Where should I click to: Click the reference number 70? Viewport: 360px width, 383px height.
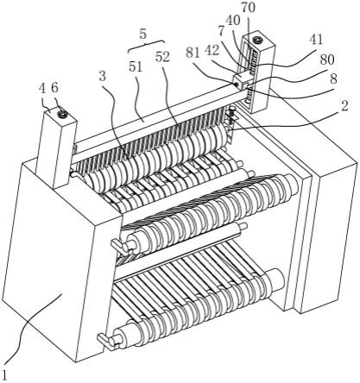(x=248, y=8)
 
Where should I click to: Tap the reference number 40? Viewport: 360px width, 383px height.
(x=233, y=21)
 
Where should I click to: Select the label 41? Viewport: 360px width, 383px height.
(x=316, y=40)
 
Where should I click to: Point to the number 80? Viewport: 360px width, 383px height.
(x=327, y=60)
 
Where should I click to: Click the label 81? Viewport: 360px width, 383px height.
(x=193, y=53)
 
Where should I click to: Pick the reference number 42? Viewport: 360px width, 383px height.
(x=212, y=51)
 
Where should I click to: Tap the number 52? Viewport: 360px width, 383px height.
(x=162, y=58)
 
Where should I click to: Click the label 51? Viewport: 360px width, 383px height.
(x=136, y=67)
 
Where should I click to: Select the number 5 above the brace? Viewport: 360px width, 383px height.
(x=143, y=34)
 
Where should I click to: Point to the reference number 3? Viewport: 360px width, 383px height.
(x=103, y=76)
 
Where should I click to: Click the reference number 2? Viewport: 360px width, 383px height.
(x=344, y=106)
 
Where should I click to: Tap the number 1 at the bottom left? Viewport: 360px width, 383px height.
(x=4, y=374)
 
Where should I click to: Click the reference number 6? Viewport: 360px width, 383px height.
(x=54, y=88)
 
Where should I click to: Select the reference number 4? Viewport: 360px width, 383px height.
(x=42, y=89)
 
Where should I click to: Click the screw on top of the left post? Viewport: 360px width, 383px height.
(x=62, y=115)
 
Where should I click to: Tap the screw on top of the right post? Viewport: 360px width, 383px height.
(x=257, y=40)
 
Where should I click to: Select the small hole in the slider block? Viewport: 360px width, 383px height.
(x=237, y=85)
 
